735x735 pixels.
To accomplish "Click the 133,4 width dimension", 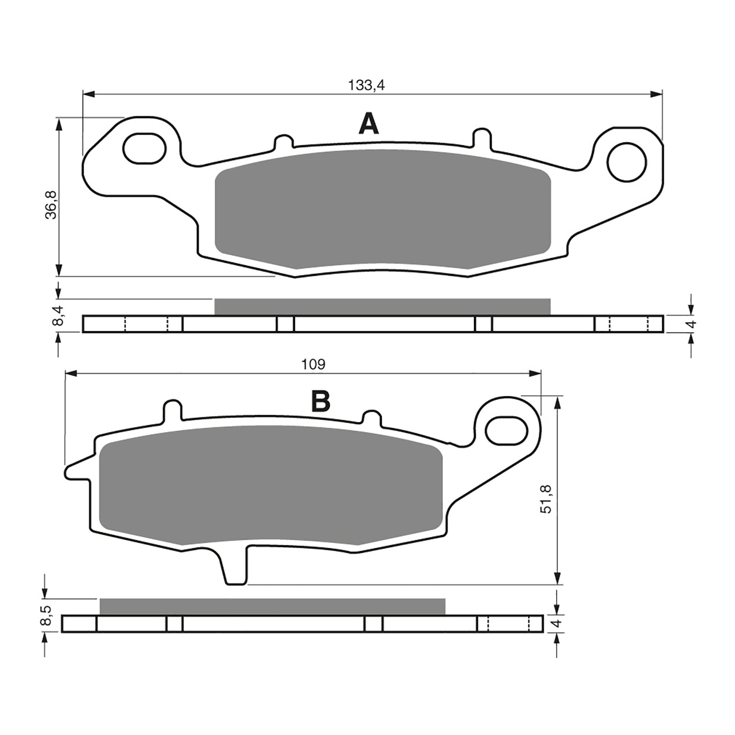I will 366,85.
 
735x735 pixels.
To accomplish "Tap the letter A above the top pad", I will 368,124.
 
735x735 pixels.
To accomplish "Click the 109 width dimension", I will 313,364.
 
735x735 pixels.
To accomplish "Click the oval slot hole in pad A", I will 144,148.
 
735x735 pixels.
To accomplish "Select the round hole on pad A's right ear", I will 627,162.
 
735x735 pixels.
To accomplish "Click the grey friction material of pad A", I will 382,209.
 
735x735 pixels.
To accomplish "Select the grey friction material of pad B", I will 271,485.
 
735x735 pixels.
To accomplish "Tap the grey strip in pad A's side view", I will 382,306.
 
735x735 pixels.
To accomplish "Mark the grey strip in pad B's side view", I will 272,606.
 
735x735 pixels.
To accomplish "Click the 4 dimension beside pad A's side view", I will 693,323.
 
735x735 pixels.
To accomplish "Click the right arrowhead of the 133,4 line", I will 657,95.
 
